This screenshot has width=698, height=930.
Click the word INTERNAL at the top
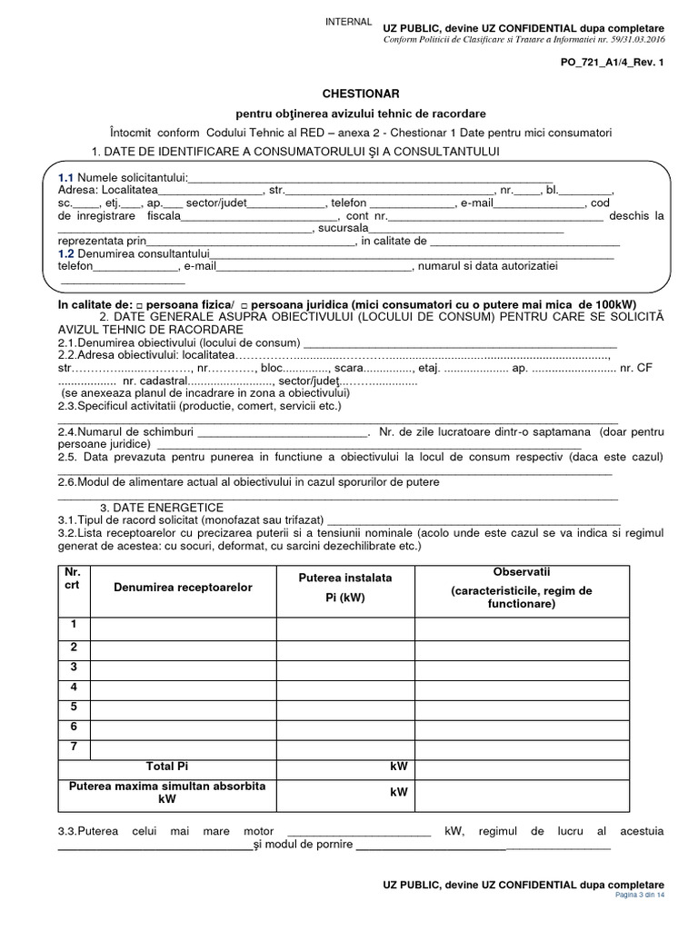click(x=348, y=22)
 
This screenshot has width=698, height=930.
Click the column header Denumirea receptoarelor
click(x=183, y=588)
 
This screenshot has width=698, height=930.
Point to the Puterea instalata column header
click(x=345, y=588)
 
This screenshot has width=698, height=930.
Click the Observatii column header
click(x=522, y=588)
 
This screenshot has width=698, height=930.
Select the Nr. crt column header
click(x=73, y=579)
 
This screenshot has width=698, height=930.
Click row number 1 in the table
click(x=74, y=626)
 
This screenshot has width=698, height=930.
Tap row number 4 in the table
click(x=74, y=687)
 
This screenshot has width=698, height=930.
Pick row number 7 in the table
click(x=74, y=746)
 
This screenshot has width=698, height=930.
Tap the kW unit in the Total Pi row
click(x=398, y=767)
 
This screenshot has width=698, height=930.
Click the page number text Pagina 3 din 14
click(x=640, y=895)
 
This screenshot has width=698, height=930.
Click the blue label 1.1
click(x=65, y=177)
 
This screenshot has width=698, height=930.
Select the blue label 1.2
click(x=65, y=254)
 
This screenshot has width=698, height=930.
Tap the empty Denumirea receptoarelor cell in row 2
click(x=183, y=648)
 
